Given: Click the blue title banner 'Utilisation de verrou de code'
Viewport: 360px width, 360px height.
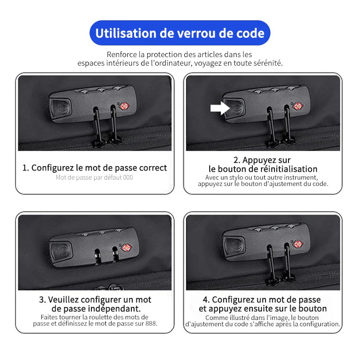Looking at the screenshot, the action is (x=180, y=33).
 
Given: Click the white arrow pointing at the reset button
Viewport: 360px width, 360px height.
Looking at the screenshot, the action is (x=220, y=108).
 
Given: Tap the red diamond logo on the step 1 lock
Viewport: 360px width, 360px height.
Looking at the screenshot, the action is (x=124, y=106).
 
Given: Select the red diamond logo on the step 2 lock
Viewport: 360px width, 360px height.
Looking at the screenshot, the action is (x=298, y=106).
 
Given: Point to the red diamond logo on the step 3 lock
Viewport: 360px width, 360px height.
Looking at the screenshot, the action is (x=126, y=248).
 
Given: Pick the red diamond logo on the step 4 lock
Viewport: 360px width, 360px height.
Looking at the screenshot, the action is (x=298, y=244).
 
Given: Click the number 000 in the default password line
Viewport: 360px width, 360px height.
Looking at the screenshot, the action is (x=128, y=177).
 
